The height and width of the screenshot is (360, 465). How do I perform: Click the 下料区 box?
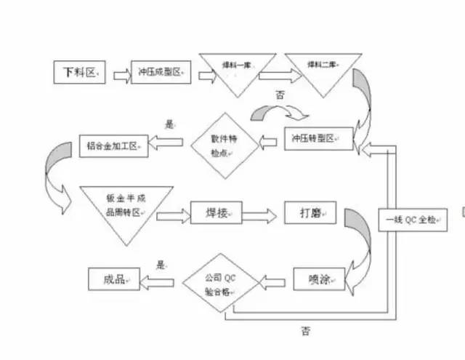click(81, 72)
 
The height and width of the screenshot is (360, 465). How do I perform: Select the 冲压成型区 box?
click(161, 72)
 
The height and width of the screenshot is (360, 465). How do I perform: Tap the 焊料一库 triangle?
click(238, 69)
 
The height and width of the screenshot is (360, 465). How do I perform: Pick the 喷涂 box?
click(319, 279)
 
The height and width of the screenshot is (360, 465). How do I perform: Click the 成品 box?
click(113, 279)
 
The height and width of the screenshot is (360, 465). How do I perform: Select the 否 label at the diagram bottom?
click(306, 331)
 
